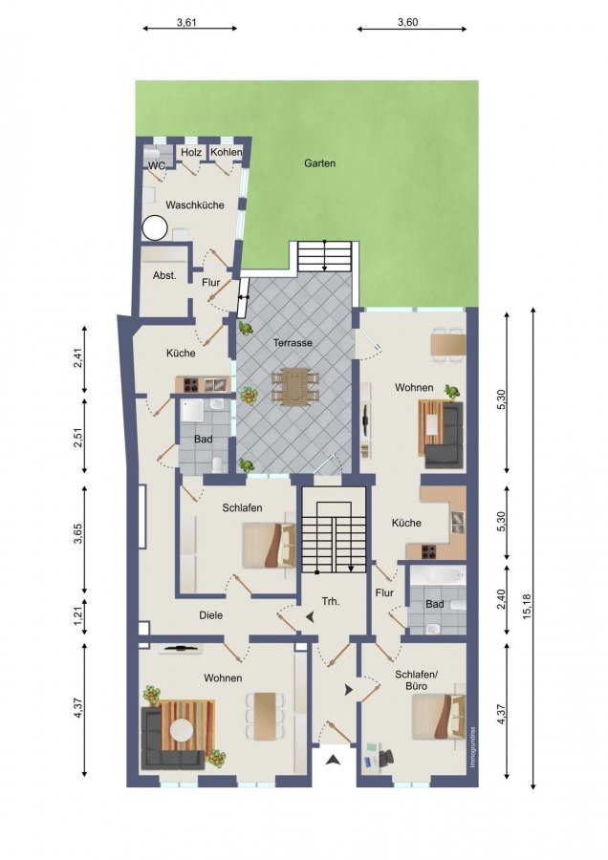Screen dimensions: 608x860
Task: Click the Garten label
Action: (319, 163)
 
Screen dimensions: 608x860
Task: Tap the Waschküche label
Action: (195, 205)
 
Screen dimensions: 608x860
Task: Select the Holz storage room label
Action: (191, 153)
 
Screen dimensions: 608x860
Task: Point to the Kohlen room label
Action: (226, 152)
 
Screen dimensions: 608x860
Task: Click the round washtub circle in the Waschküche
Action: (155, 227)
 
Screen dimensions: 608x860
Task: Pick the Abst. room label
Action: (164, 275)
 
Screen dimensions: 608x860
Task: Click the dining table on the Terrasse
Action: (295, 386)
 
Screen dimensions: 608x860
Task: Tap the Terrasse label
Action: (293, 343)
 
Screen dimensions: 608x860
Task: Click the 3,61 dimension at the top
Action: (186, 23)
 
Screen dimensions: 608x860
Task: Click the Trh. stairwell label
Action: (331, 602)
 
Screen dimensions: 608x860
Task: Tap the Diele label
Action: (210, 615)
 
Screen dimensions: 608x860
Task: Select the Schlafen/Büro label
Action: (416, 679)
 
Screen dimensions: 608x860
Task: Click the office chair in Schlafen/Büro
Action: (386, 758)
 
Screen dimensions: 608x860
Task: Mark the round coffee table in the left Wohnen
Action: (182, 731)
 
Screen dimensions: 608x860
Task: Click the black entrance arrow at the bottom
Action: (333, 760)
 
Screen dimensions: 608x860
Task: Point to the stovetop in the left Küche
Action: (190, 386)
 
